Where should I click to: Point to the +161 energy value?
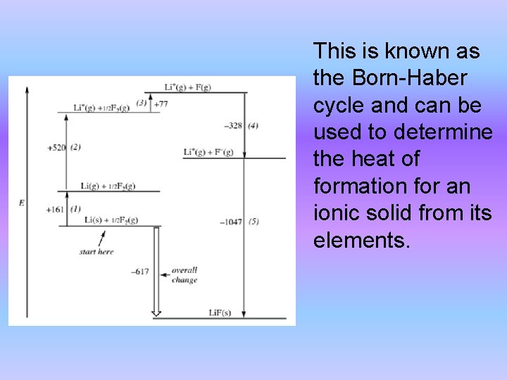tap(54, 210)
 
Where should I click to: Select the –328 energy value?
tap(233, 126)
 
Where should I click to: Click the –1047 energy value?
tap(231, 222)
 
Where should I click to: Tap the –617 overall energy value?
tap(140, 272)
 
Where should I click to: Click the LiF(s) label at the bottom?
tap(221, 312)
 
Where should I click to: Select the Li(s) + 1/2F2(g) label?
tap(111, 220)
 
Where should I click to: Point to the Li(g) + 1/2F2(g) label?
tap(108, 186)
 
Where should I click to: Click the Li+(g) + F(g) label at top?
tap(187, 87)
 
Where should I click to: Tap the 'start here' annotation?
tap(96, 251)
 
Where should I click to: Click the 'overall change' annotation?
tap(184, 275)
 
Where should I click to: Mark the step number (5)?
tap(254, 222)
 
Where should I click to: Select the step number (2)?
tap(75, 148)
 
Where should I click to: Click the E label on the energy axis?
tap(21, 203)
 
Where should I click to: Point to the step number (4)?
tap(254, 126)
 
